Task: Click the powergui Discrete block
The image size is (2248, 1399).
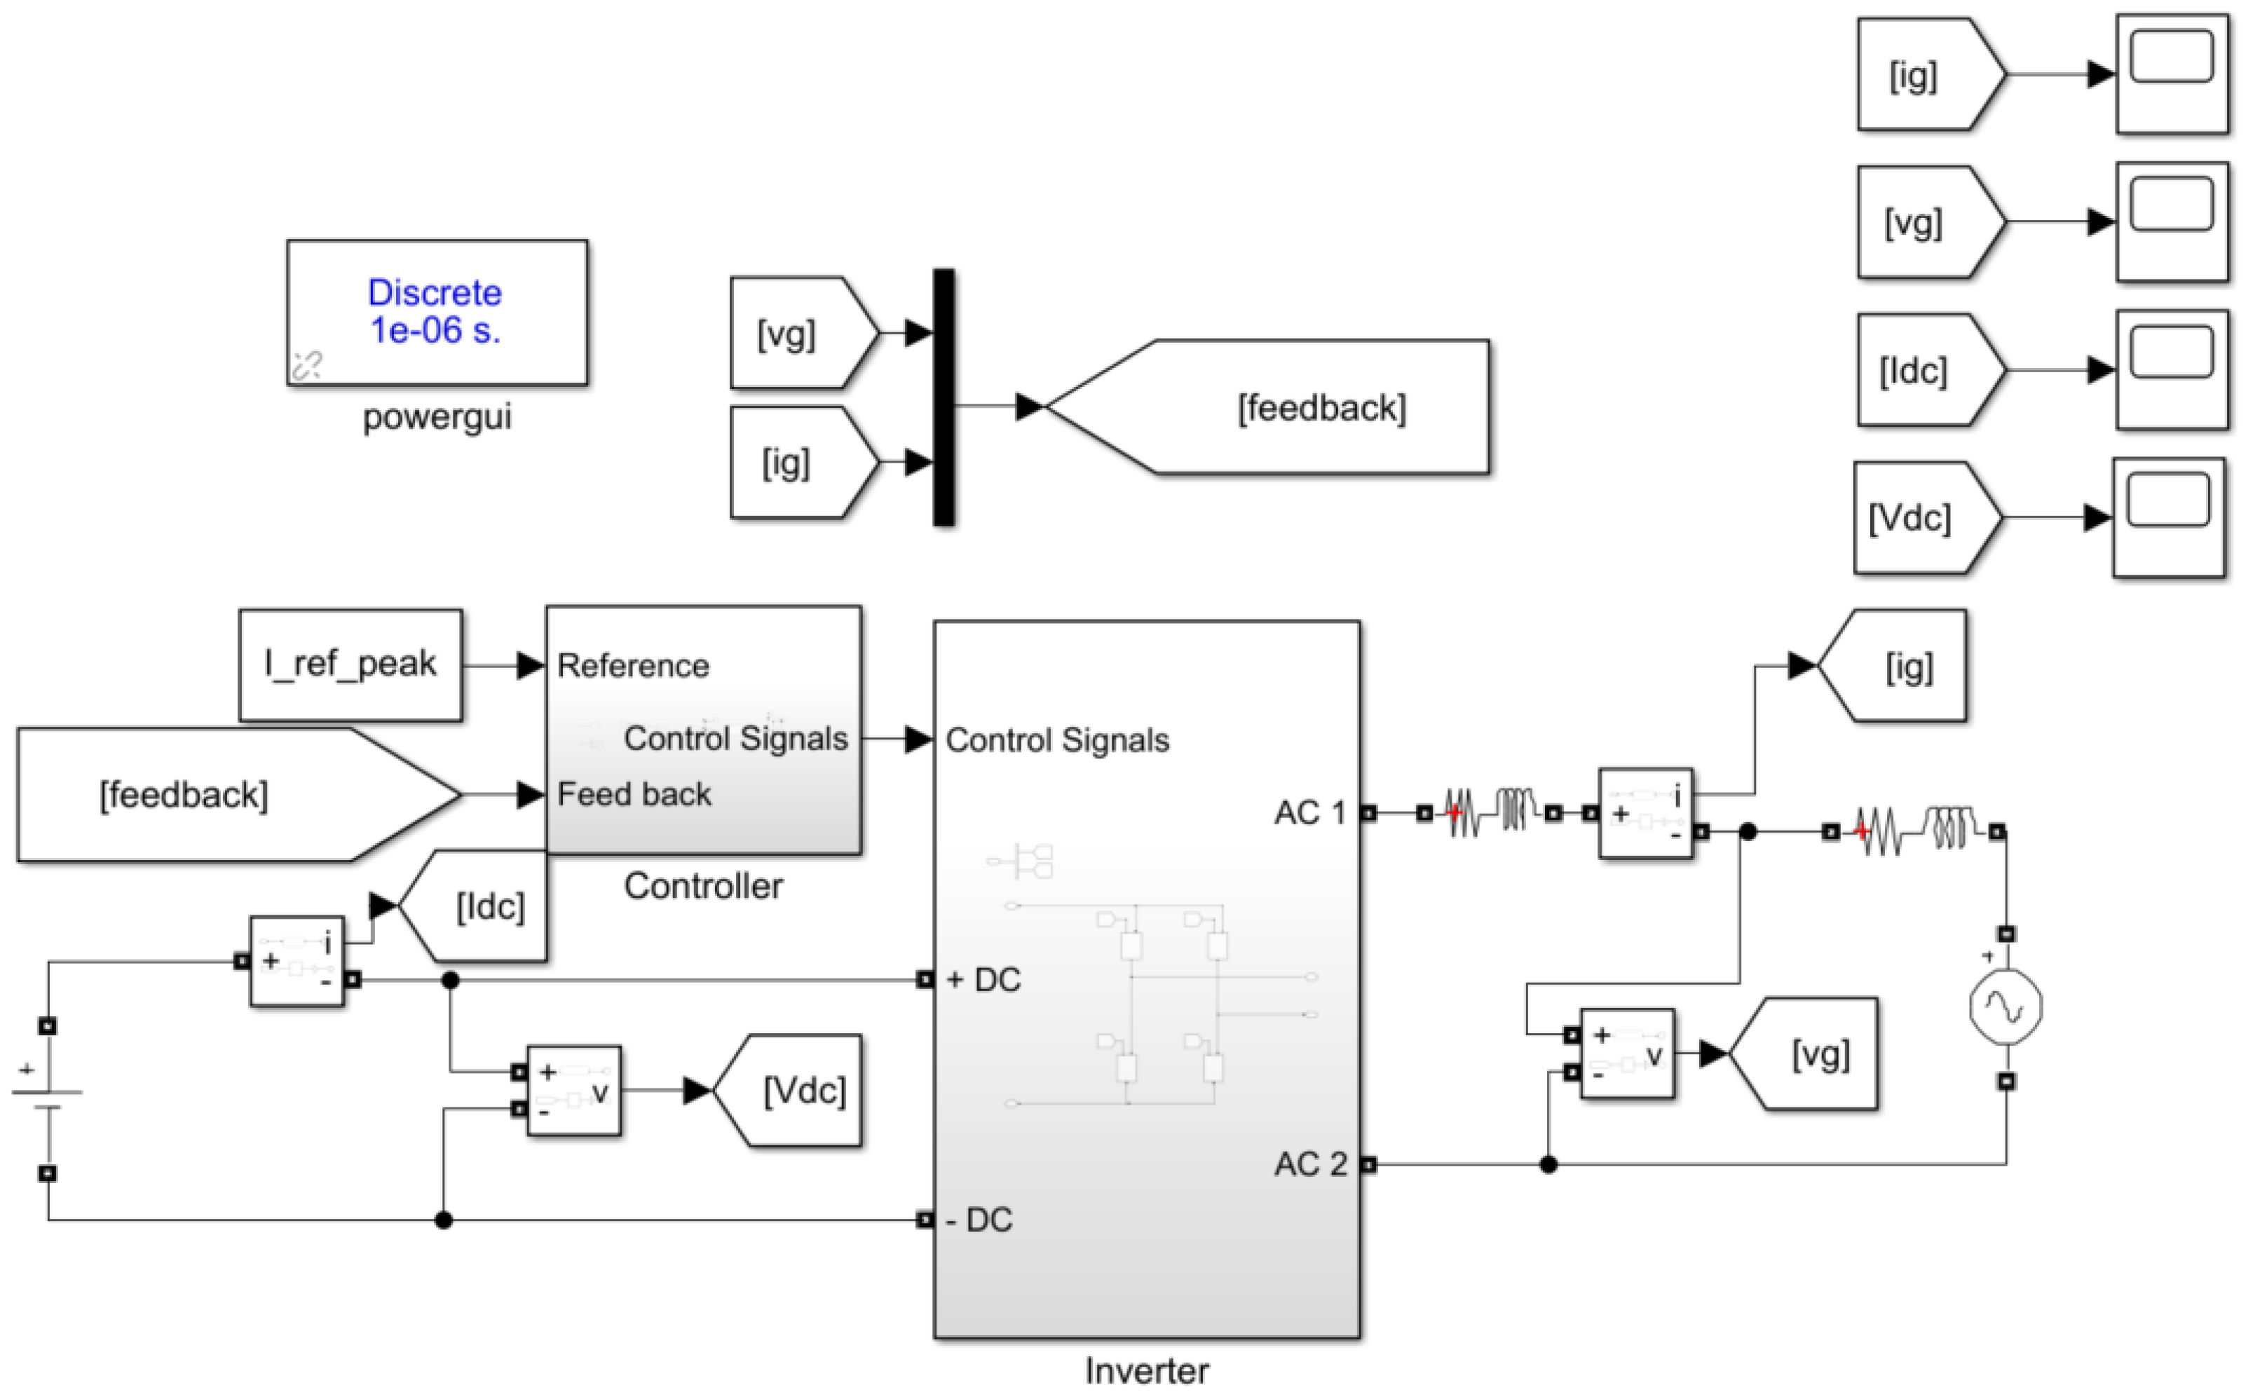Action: tap(437, 312)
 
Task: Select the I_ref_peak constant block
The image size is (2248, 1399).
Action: tap(350, 664)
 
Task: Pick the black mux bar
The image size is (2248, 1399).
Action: tap(944, 398)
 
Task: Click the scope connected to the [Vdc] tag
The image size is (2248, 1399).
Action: tap(2169, 517)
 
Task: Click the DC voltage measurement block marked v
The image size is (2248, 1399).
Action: tap(573, 1091)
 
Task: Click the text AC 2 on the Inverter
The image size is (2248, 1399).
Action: tap(1310, 1164)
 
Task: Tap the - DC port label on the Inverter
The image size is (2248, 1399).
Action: tap(979, 1220)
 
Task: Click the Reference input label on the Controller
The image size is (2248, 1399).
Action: tap(633, 665)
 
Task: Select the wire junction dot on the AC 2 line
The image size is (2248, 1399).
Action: tap(1548, 1164)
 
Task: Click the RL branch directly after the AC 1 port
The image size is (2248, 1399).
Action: tap(1490, 812)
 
